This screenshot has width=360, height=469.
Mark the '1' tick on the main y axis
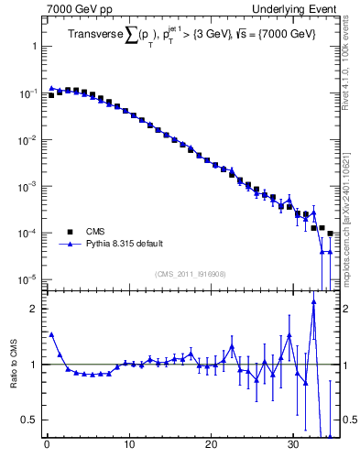tap(34, 46)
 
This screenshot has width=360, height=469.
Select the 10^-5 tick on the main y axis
tap(28, 278)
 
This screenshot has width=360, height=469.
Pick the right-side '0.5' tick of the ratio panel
tap(349, 420)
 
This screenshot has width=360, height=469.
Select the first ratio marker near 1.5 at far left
tap(51, 335)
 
